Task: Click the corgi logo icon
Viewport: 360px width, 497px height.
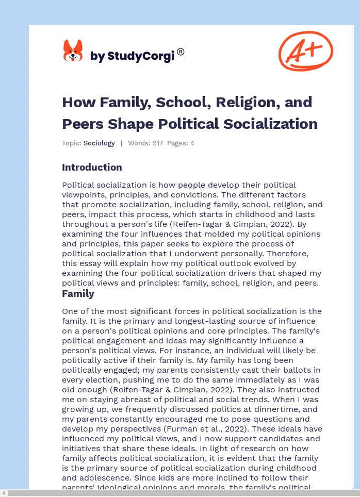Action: click(x=73, y=51)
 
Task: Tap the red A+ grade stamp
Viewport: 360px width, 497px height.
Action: click(x=306, y=51)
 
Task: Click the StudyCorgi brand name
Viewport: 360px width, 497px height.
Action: click(x=133, y=56)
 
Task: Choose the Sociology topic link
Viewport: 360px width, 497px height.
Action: click(x=99, y=143)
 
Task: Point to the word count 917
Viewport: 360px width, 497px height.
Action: click(x=157, y=143)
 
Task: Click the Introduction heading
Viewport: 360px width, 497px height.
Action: click(x=92, y=168)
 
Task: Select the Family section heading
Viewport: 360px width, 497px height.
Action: click(x=78, y=294)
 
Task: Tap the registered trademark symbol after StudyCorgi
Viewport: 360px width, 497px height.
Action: click(x=181, y=52)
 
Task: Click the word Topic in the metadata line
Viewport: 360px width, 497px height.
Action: click(x=72, y=143)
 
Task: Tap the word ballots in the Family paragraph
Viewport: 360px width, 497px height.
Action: click(x=280, y=370)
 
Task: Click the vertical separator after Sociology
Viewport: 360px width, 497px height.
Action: click(x=121, y=143)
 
